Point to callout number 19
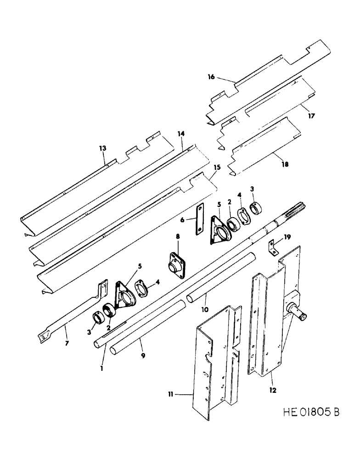coord(287,237)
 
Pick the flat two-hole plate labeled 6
coord(199,220)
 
